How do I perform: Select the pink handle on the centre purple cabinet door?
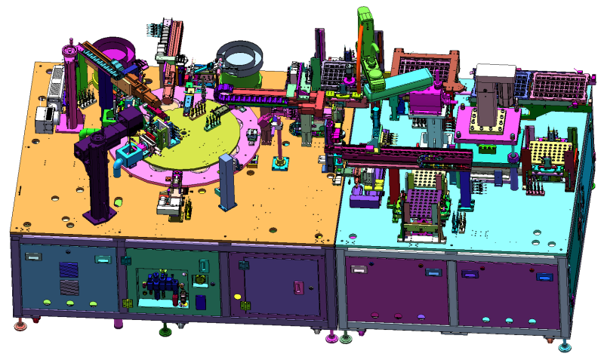coord(299,288)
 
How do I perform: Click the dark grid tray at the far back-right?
coord(559,83)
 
